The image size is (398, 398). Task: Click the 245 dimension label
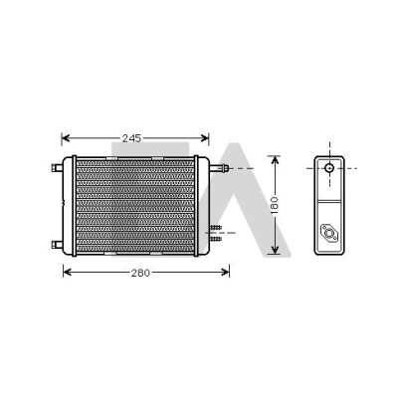point(131,138)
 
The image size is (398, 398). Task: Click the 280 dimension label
point(140,273)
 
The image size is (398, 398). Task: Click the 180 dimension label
point(275,205)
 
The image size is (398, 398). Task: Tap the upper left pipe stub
point(57,168)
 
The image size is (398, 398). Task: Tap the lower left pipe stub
point(57,245)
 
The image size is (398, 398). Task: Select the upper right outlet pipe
point(219,168)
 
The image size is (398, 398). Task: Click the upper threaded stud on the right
point(215,228)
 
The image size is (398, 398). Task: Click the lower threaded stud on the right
point(215,239)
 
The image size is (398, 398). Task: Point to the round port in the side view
point(329,168)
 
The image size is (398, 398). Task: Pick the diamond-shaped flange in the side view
point(329,233)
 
